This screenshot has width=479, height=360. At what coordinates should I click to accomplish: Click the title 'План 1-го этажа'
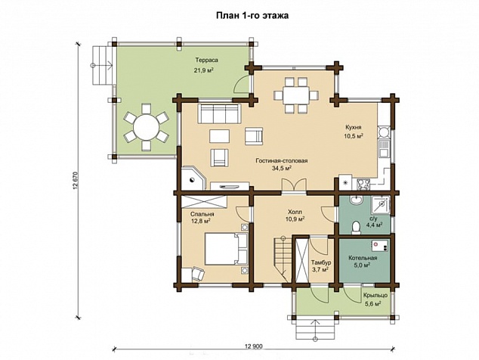click(252, 16)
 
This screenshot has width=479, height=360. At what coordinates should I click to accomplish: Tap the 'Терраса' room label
click(207, 61)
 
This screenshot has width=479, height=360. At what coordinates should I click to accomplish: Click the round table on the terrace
click(146, 126)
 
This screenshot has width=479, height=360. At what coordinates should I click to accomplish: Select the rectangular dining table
click(296, 95)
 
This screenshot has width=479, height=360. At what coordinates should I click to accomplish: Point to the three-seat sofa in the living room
click(219, 113)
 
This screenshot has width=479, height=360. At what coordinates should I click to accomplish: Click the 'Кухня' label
click(354, 127)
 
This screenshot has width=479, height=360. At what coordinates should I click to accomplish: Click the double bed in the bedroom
click(226, 249)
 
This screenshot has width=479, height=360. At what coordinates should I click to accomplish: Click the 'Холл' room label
click(295, 212)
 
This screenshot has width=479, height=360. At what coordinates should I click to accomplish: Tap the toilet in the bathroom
click(356, 227)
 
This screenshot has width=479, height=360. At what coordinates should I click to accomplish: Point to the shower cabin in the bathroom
click(380, 205)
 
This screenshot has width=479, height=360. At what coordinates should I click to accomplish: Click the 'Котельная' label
click(363, 258)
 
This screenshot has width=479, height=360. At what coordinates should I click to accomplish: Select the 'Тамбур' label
click(321, 262)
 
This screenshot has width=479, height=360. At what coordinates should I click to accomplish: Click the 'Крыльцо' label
click(375, 296)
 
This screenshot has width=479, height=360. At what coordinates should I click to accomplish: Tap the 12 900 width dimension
click(254, 346)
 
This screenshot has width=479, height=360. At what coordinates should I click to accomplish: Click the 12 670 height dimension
click(76, 181)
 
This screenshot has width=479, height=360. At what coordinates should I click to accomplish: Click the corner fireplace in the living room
click(193, 178)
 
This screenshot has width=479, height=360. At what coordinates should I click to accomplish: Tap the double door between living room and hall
click(294, 185)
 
